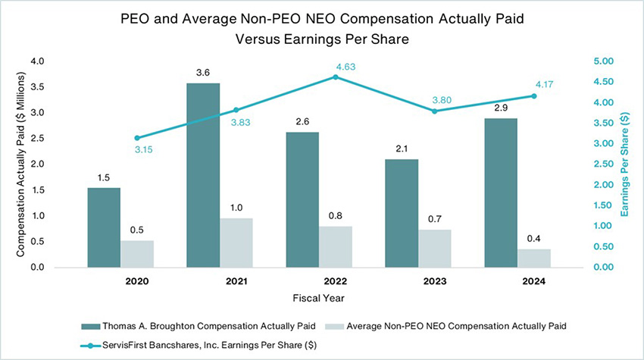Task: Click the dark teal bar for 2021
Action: coord(203,175)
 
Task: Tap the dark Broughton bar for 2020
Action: coord(104,227)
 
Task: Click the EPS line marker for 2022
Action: coord(336,77)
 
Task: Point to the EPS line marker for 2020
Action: coord(137,138)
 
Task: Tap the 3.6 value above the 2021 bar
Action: coord(203,73)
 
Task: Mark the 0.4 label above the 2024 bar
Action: coord(534,239)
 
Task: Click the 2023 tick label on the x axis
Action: coord(435,281)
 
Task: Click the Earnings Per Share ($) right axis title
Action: coord(625,164)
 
